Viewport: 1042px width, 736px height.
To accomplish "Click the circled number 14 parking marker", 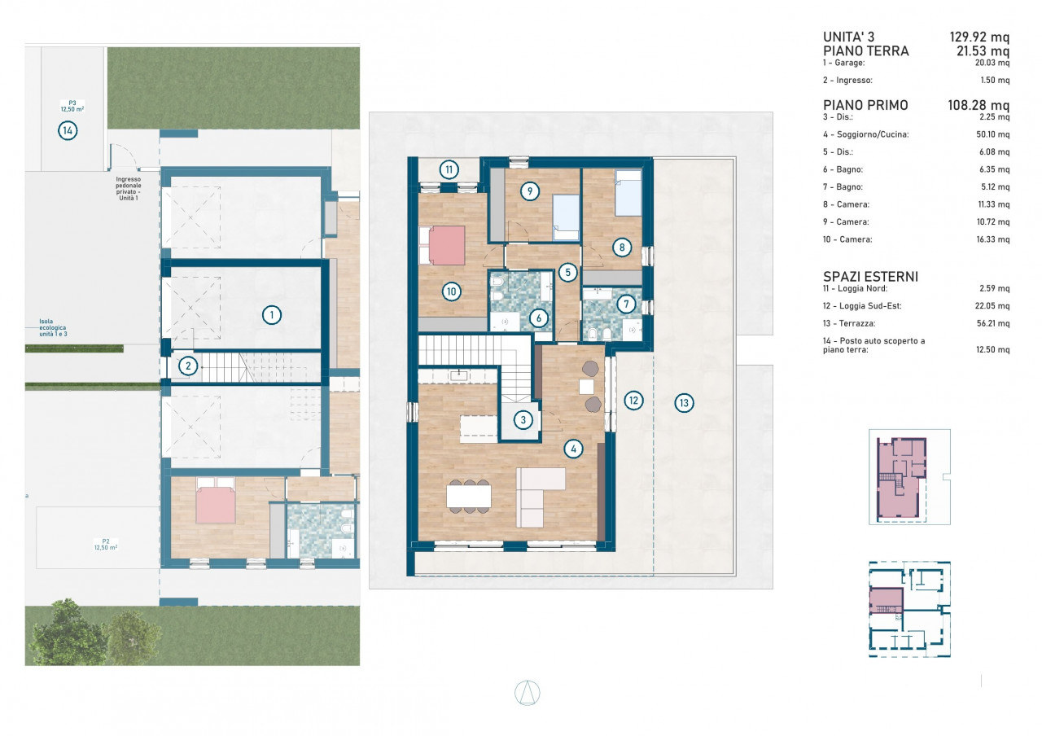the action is (x=68, y=131).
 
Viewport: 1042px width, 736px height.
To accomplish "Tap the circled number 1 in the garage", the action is (x=272, y=315).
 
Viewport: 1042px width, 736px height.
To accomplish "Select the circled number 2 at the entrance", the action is (x=188, y=366).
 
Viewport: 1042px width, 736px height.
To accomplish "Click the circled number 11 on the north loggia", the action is (x=449, y=170).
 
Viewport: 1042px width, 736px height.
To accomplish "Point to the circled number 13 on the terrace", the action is (x=684, y=403).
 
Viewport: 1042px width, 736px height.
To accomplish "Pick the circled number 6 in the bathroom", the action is (x=539, y=318).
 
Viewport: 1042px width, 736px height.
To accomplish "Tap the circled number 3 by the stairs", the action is (x=523, y=420).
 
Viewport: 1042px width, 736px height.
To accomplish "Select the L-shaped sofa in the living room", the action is (x=541, y=497).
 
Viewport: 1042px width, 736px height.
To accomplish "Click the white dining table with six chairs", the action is (x=469, y=497).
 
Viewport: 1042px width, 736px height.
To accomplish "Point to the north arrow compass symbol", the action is (x=527, y=693).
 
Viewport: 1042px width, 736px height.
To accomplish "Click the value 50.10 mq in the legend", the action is (x=992, y=134).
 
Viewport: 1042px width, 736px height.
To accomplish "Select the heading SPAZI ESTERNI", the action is (x=870, y=277).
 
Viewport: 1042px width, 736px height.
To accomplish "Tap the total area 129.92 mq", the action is (x=979, y=37).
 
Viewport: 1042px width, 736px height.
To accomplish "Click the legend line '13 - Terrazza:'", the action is (x=849, y=323).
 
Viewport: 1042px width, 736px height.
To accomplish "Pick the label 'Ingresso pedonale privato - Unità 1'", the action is (x=128, y=188).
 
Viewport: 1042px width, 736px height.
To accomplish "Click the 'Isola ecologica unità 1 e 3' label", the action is (x=53, y=327).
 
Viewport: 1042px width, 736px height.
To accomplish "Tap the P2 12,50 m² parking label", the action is (x=106, y=545).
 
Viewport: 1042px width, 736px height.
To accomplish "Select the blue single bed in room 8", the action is (x=628, y=193).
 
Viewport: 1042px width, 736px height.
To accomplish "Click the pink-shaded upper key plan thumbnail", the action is (x=909, y=477).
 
